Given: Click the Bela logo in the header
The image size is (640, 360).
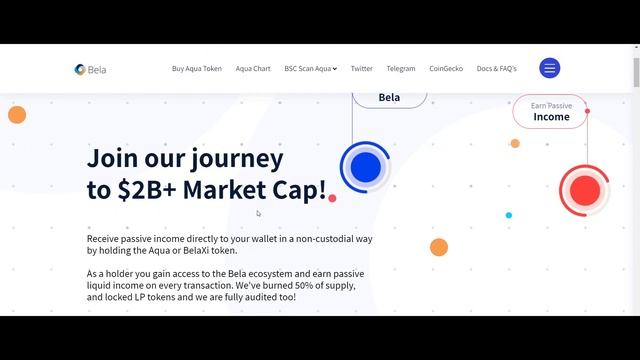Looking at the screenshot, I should tap(90, 69).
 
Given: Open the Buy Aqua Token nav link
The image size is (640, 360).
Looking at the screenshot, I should tap(197, 69).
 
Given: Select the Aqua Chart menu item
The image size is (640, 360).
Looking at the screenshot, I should tap(253, 69).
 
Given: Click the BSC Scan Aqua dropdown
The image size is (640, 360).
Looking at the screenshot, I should tap(310, 69).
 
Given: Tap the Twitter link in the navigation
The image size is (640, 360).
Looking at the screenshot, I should tap(362, 69).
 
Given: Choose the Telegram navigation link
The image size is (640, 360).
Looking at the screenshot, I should tap(401, 69).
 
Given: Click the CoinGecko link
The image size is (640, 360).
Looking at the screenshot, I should tap(446, 69).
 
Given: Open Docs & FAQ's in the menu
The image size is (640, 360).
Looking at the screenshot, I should tap(497, 69).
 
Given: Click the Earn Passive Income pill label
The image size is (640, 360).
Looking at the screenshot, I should tap(551, 111).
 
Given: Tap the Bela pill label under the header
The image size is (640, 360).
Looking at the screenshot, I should tap(389, 97).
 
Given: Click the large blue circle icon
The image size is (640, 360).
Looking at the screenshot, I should tap(365, 165).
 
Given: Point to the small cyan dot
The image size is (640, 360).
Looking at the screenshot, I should tap(508, 215).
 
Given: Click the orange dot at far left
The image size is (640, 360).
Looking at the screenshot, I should tap(16, 115).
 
